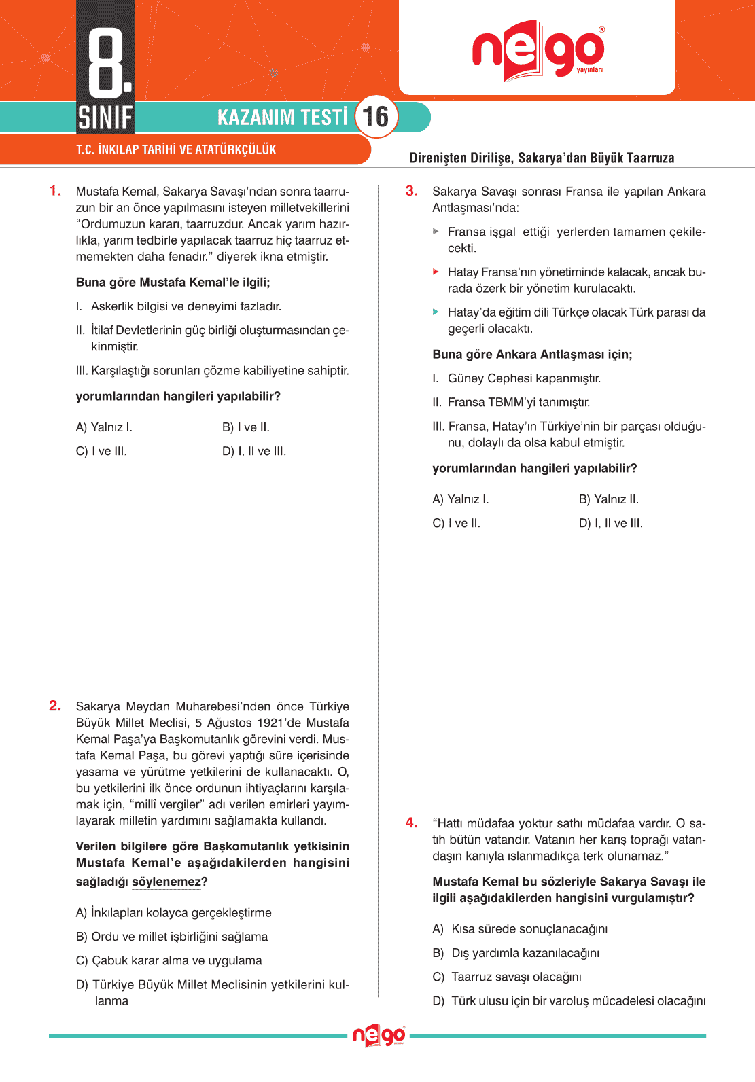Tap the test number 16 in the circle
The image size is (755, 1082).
tap(376, 117)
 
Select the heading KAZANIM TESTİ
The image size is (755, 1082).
tap(282, 118)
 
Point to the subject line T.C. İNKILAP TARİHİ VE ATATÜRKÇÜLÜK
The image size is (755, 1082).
tap(176, 149)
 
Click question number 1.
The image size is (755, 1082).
tap(55, 191)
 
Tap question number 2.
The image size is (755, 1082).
tap(55, 706)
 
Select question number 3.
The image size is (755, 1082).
tap(411, 191)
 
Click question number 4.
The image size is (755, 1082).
tap(411, 823)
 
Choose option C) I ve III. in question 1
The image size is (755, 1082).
tap(101, 451)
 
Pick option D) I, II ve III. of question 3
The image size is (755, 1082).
tap(610, 523)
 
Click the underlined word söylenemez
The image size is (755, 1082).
tap(166, 882)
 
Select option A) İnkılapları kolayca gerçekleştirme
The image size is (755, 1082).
tap(173, 912)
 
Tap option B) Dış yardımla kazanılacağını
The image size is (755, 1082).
tap(516, 953)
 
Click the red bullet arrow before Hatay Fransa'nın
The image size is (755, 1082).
tap(436, 272)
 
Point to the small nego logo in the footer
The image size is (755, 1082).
tap(379, 1036)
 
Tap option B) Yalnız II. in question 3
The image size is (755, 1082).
tap(608, 499)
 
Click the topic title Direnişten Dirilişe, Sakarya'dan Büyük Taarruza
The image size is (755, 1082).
tap(542, 158)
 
